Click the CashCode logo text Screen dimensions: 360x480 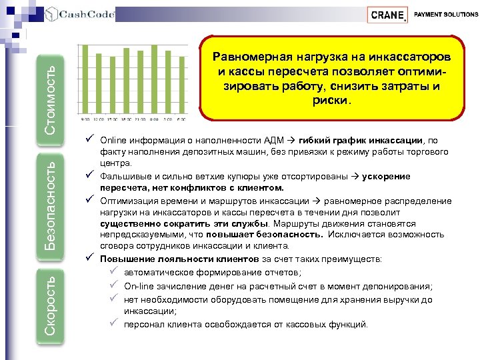point(87,14)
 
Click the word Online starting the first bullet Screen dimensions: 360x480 point(112,141)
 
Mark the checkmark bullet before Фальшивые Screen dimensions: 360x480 point(89,176)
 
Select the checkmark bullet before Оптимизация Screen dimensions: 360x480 point(89,199)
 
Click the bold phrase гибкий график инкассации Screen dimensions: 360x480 point(361,141)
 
